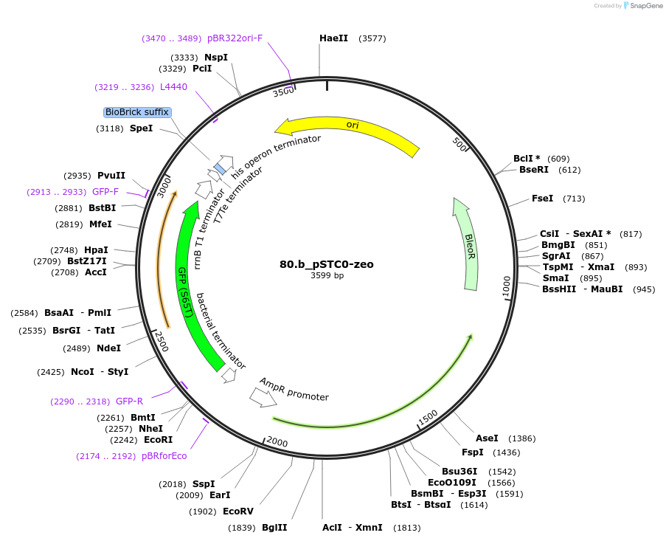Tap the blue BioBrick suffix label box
(137, 112)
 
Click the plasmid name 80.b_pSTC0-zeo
(326, 264)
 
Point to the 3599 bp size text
(327, 275)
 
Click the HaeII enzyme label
(333, 38)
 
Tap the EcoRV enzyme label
(237, 511)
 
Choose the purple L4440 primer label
(173, 86)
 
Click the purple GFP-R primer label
(129, 401)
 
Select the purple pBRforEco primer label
(164, 456)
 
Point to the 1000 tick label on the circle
(506, 287)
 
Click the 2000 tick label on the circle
(277, 441)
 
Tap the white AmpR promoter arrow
(263, 397)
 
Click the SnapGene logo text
(645, 6)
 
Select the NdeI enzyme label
(108, 348)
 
